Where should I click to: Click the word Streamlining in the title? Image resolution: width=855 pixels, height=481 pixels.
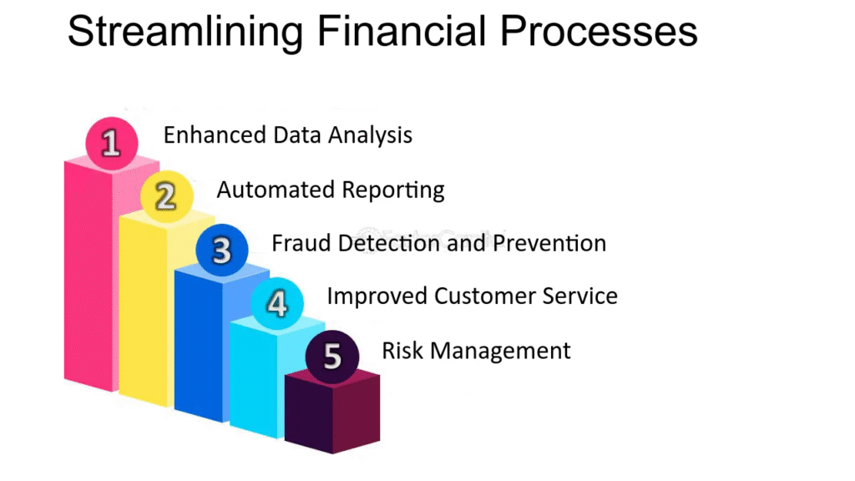coord(185,33)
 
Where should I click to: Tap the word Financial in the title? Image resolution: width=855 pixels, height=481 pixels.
coord(402,31)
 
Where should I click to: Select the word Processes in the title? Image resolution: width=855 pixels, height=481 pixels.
coord(599,31)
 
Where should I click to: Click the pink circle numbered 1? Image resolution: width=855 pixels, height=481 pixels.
coord(112,143)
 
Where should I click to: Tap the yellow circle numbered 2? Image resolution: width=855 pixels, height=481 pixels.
coord(167,196)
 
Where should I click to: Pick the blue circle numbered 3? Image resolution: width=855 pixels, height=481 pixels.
coord(222,250)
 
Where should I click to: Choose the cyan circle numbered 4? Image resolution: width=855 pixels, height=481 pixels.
coord(277,303)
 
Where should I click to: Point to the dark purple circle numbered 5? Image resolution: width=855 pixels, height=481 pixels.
coord(332,357)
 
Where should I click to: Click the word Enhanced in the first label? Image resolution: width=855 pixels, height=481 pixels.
coord(215,134)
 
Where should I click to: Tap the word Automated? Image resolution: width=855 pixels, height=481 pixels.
coord(276,190)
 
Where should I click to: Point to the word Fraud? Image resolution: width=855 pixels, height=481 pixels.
coord(301,243)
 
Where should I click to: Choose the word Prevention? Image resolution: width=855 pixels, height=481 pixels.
coord(549,243)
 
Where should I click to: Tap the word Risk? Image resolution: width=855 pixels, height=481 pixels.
coord(402,350)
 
